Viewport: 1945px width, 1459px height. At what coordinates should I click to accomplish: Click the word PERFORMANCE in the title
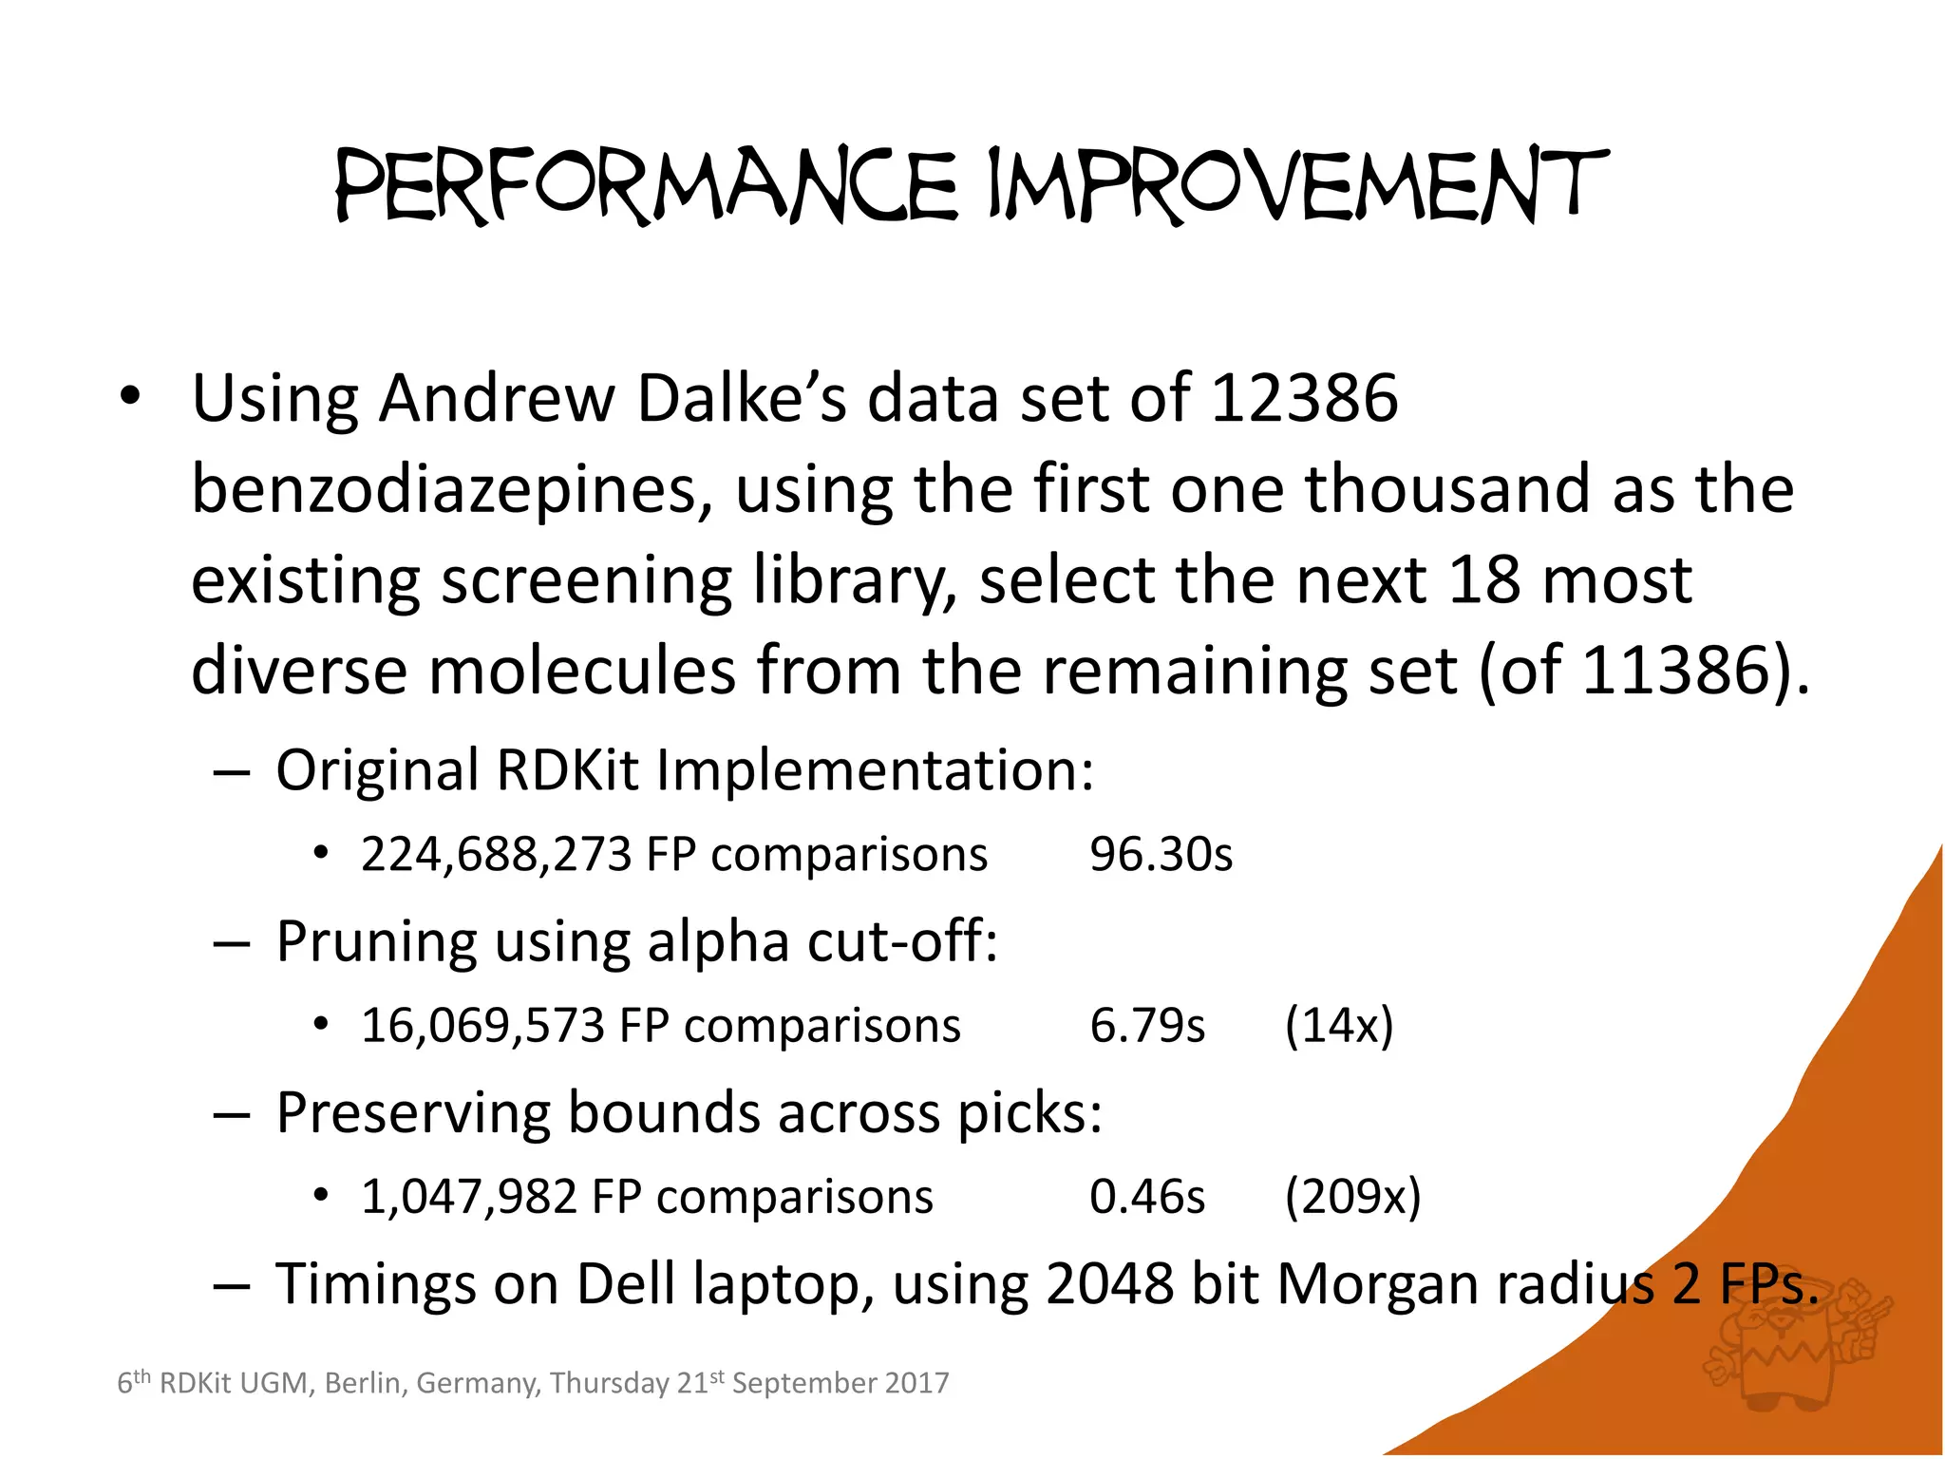click(x=647, y=186)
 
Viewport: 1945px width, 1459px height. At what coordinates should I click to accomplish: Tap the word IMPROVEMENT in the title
click(x=1297, y=186)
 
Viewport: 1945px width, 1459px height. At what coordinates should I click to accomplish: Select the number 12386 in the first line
click(x=1304, y=398)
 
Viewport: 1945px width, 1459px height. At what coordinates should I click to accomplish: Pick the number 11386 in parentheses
click(x=1674, y=672)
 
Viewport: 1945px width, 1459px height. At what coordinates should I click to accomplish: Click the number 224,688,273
click(x=497, y=854)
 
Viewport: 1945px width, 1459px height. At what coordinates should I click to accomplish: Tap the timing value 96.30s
click(x=1161, y=854)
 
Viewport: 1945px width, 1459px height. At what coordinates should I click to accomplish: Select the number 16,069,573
click(x=483, y=1026)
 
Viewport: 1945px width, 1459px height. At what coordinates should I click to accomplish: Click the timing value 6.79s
click(x=1147, y=1026)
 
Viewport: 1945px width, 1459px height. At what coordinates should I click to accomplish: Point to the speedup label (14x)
click(x=1339, y=1026)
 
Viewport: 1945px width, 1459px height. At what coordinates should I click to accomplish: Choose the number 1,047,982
click(x=469, y=1197)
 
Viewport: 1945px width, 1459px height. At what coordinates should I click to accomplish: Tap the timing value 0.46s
click(x=1147, y=1197)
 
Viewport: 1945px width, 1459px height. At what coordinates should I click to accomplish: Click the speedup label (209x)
click(x=1352, y=1197)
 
